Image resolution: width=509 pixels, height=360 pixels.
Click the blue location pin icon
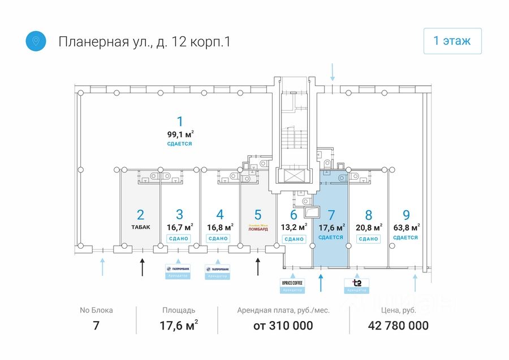tap(36, 41)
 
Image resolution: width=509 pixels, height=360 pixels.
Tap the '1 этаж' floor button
tap(452, 41)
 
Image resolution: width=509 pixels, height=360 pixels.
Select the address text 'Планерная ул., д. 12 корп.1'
tap(144, 42)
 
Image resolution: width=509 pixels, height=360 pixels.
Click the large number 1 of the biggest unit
tap(180, 121)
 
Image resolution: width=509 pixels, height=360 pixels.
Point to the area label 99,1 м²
tap(180, 134)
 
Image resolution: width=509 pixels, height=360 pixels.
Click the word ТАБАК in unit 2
tap(141, 227)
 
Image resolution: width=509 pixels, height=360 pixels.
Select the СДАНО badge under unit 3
tap(179, 238)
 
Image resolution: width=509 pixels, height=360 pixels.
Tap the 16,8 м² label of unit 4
tap(220, 227)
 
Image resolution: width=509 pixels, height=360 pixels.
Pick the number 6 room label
tap(293, 215)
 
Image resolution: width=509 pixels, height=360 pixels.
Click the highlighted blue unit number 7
tap(331, 215)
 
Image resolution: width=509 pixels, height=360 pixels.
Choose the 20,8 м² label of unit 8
tap(369, 227)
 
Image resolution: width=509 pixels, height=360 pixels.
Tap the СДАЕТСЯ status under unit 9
tap(406, 238)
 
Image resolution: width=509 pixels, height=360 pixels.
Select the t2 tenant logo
tap(357, 283)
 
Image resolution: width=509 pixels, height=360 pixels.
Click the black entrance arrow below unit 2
tap(142, 265)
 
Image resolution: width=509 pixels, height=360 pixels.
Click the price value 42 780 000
tap(398, 326)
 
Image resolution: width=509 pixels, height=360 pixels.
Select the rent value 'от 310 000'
tap(283, 326)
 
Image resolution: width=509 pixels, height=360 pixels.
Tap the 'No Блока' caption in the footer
tap(96, 310)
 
